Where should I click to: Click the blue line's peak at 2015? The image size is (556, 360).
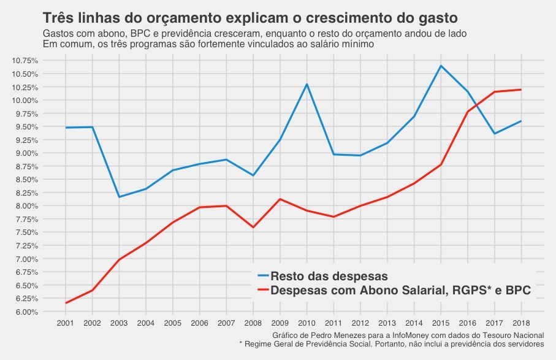tap(441, 66)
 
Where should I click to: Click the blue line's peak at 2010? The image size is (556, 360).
tap(307, 84)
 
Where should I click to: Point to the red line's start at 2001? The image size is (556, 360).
tap(66, 303)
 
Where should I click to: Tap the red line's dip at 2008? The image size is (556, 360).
tap(253, 228)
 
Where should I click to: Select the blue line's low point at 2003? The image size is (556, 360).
tap(119, 197)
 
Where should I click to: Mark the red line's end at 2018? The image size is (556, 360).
tap(521, 90)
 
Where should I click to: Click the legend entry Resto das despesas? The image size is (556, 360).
tap(329, 275)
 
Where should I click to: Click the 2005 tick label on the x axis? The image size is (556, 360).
tap(172, 323)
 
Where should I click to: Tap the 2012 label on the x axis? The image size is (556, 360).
tap(360, 323)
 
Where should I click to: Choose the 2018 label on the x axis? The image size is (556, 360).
tap(521, 323)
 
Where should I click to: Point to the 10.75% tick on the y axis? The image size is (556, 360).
tap(25, 60)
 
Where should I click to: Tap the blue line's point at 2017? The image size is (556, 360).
tap(494, 134)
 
